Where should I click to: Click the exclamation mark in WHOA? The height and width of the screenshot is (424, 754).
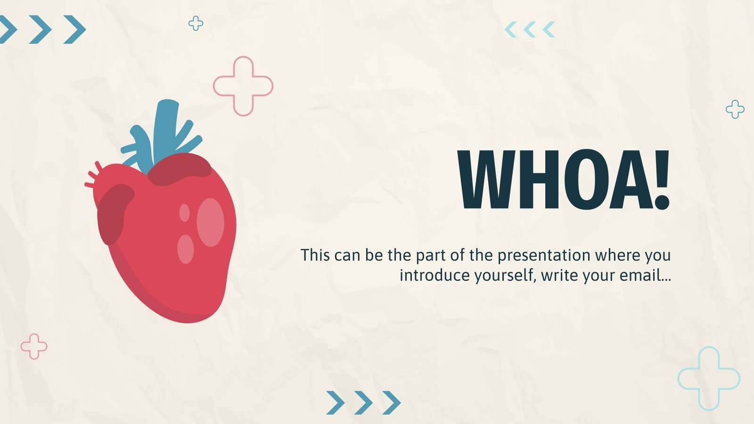[x=662, y=179]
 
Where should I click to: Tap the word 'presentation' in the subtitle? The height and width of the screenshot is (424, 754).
[x=544, y=255]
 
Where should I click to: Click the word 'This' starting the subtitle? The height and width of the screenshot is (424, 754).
[x=315, y=255]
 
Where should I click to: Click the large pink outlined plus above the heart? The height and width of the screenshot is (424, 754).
[x=243, y=86]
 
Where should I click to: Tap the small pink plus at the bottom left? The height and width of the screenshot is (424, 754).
[x=34, y=346]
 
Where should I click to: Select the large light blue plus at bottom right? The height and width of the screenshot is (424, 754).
[x=708, y=378]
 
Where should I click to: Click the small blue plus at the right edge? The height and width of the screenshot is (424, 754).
[x=735, y=109]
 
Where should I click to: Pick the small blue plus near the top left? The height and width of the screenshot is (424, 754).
[x=196, y=23]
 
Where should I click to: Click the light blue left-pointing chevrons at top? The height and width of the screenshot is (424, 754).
[x=530, y=30]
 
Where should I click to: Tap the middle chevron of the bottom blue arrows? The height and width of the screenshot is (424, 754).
[x=363, y=402]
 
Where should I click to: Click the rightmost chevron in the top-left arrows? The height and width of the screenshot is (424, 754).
[x=75, y=29]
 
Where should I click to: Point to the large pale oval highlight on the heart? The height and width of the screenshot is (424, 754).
[x=210, y=222]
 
